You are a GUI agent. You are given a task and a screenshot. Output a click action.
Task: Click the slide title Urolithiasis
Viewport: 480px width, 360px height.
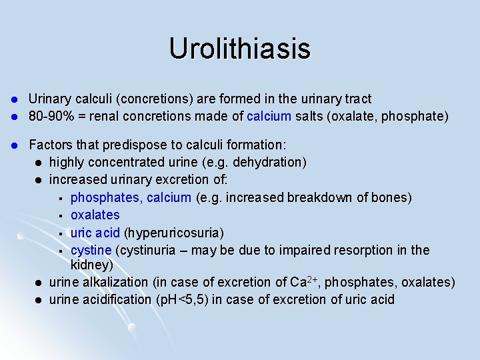point(239,49)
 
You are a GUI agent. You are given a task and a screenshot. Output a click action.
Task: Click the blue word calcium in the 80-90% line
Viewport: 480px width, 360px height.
point(269,116)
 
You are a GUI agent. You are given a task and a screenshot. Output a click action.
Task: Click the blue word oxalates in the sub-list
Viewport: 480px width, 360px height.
point(95,215)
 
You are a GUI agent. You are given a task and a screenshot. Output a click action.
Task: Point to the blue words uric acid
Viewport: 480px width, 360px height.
point(95,233)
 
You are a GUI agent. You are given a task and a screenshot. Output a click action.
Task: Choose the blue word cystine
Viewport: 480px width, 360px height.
point(91,250)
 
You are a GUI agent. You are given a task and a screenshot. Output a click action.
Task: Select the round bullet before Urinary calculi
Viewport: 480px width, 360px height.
point(13,99)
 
